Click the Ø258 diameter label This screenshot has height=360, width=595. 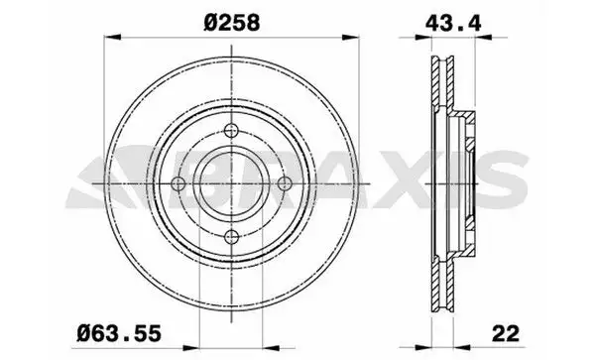231,23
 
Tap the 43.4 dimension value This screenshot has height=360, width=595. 453,23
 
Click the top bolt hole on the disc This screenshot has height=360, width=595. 231,131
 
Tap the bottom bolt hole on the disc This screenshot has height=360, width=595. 231,237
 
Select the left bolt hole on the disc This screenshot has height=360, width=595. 178,184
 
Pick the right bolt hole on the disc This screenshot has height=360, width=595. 285,184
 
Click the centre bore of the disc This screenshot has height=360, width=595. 231,184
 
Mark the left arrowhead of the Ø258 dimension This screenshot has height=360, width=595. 112,37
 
